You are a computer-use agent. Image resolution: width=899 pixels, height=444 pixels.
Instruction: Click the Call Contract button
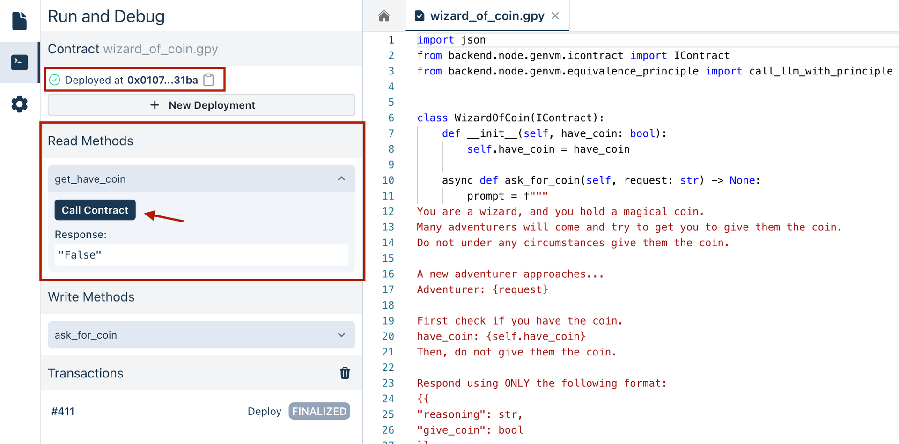[x=95, y=210]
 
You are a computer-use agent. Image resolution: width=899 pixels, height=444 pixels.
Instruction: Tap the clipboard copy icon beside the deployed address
[x=209, y=80]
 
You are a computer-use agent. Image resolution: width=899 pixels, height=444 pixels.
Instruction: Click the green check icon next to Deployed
[x=55, y=80]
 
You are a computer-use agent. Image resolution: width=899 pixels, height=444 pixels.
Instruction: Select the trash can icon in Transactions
[x=345, y=373]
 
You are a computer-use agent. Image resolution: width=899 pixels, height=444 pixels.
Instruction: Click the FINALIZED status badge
[x=319, y=411]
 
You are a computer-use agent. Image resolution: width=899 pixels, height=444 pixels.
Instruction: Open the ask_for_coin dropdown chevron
[x=341, y=335]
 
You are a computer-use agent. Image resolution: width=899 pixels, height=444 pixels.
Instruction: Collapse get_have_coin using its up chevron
[x=341, y=179]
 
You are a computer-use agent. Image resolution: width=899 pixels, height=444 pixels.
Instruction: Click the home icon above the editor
[x=384, y=16]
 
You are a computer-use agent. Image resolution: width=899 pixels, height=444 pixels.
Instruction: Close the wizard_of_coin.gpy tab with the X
[x=555, y=16]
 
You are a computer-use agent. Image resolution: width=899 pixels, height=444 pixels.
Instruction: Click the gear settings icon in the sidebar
[x=19, y=104]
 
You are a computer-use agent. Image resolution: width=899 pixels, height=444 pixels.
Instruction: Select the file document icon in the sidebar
[x=19, y=21]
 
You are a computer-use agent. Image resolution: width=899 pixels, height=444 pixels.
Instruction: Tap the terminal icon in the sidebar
[x=19, y=62]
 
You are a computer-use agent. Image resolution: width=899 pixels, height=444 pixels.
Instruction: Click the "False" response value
[x=80, y=255]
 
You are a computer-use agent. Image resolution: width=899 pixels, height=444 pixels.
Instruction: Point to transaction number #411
[x=63, y=411]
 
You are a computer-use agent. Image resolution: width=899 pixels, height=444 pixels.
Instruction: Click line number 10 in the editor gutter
[x=388, y=180]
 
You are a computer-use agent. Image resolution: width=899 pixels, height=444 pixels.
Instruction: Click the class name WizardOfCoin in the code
[x=492, y=118]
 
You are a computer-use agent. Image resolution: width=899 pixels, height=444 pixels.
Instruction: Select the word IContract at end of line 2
[x=701, y=56]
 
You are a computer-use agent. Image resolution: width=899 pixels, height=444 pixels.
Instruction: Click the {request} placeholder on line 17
[x=520, y=289]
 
